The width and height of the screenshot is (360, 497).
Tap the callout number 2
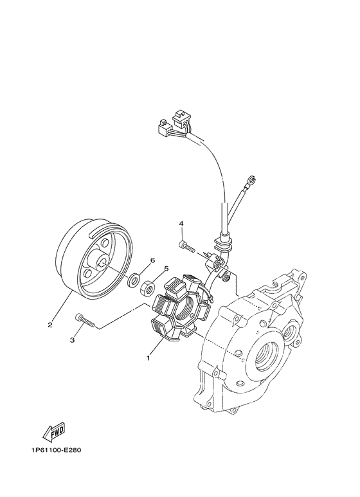pos(50,325)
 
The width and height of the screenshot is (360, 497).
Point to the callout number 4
pos(181,224)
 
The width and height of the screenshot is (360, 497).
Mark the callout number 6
pos(152,260)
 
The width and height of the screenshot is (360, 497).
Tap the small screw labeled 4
pos(187,245)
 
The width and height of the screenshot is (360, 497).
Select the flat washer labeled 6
pos(134,280)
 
